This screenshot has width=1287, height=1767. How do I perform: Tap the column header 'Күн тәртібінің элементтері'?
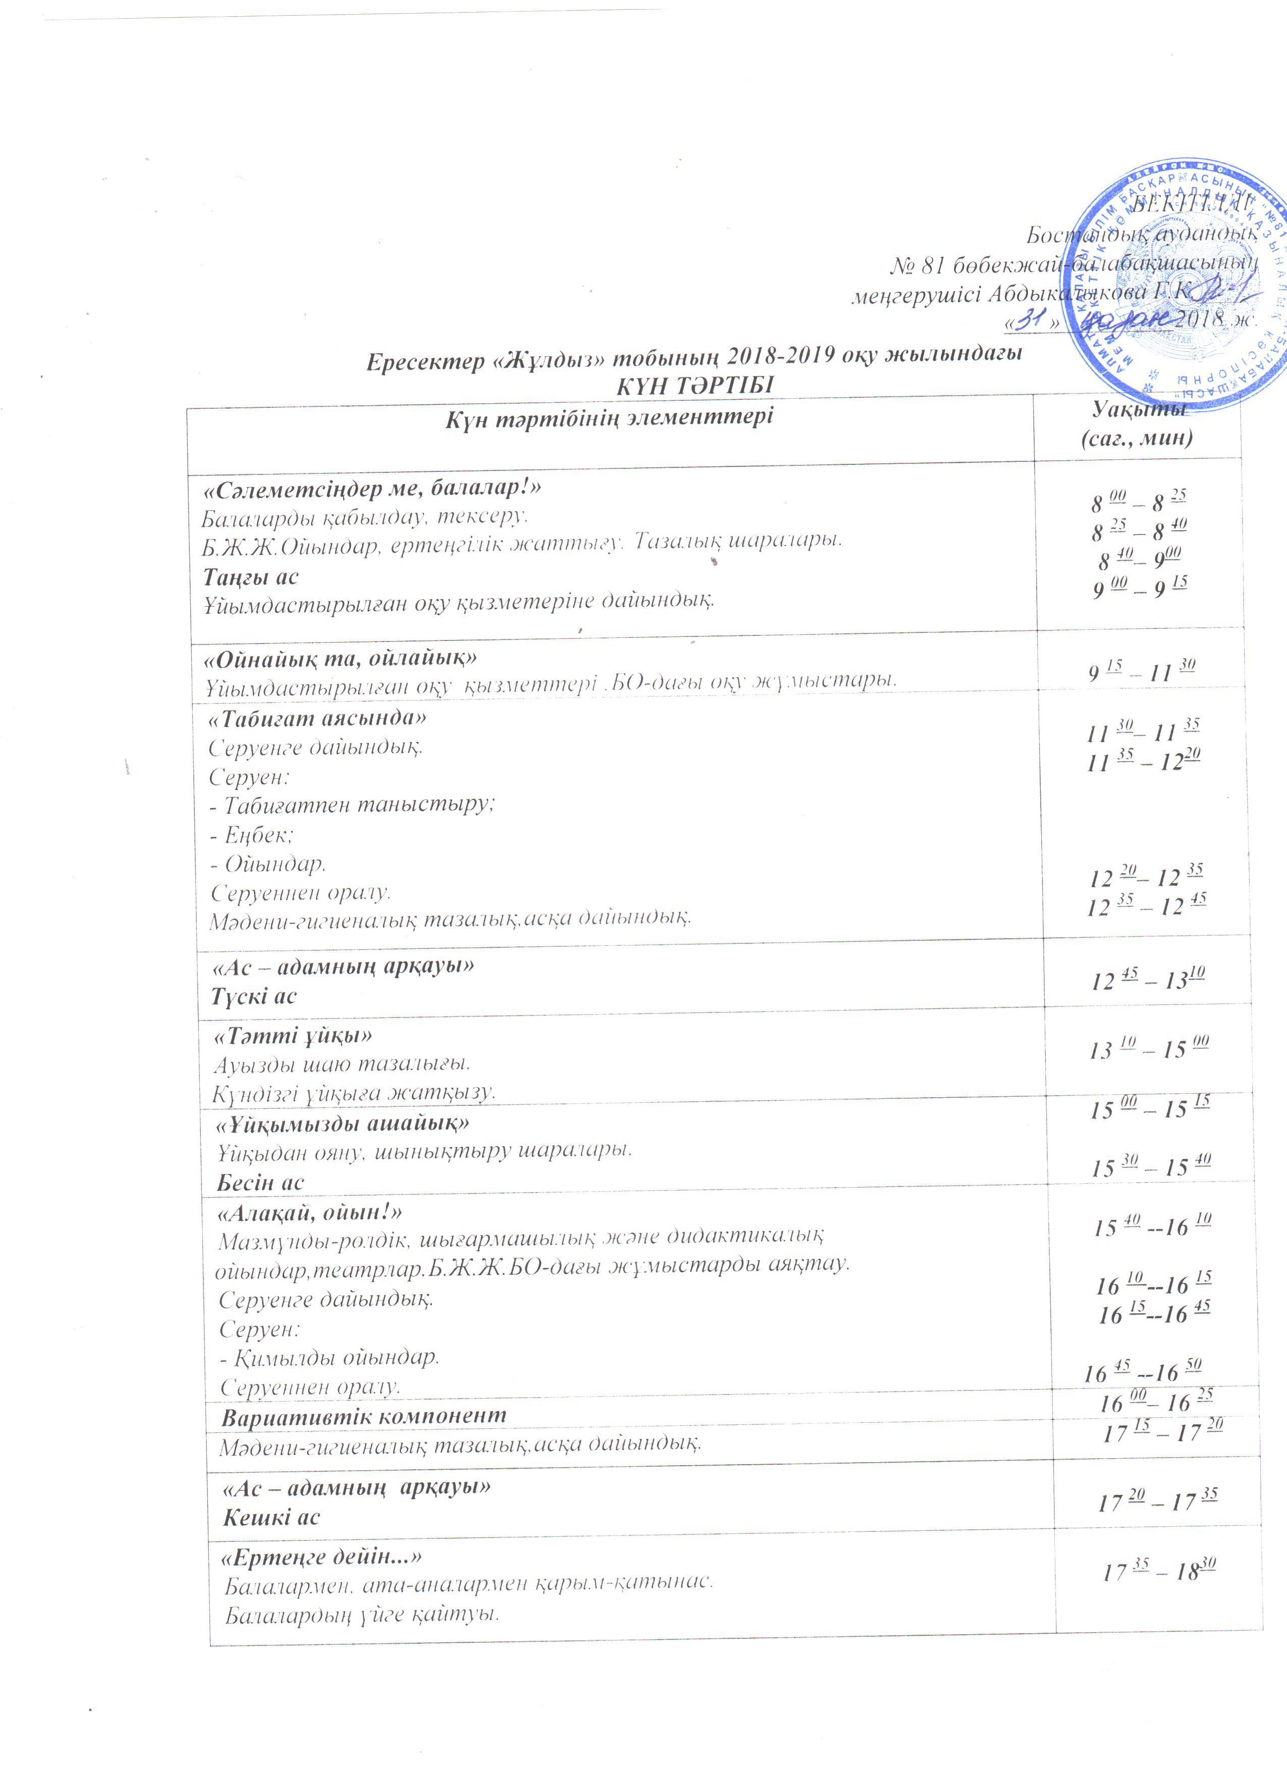point(609,417)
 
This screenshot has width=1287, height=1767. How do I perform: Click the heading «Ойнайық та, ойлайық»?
point(340,658)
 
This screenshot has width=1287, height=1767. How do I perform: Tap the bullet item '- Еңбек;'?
point(251,834)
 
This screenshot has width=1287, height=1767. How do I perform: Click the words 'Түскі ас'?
point(254,996)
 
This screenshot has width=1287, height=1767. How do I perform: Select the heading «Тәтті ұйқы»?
point(293,1036)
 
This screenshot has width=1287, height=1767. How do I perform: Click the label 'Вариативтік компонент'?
point(363,1416)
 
